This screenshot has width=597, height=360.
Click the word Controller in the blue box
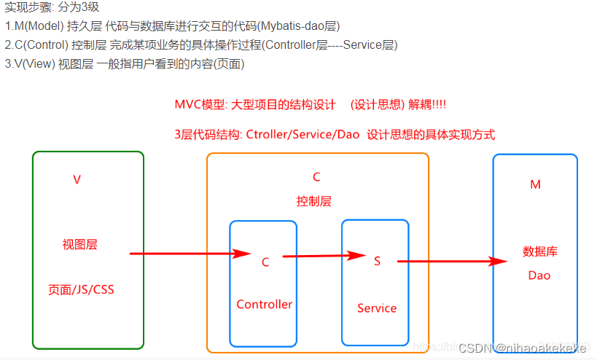pyautogui.click(x=264, y=305)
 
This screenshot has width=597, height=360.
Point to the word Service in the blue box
pyautogui.click(x=377, y=308)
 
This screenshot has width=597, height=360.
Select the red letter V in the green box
pyautogui.click(x=77, y=179)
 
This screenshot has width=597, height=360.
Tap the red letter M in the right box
pyautogui.click(x=535, y=185)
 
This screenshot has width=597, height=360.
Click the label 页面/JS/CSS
pyautogui.click(x=81, y=289)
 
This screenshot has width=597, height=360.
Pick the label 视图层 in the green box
pyautogui.click(x=79, y=245)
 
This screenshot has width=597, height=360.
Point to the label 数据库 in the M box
pyautogui.click(x=540, y=252)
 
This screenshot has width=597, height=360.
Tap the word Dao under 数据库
pyautogui.click(x=539, y=275)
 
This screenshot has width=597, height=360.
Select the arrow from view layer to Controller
pyautogui.click(x=190, y=254)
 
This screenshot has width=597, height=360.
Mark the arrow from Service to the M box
pyautogui.click(x=452, y=261)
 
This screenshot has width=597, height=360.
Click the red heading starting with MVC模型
pyautogui.click(x=310, y=104)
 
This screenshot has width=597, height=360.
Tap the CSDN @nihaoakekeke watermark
pyautogui.click(x=522, y=348)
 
